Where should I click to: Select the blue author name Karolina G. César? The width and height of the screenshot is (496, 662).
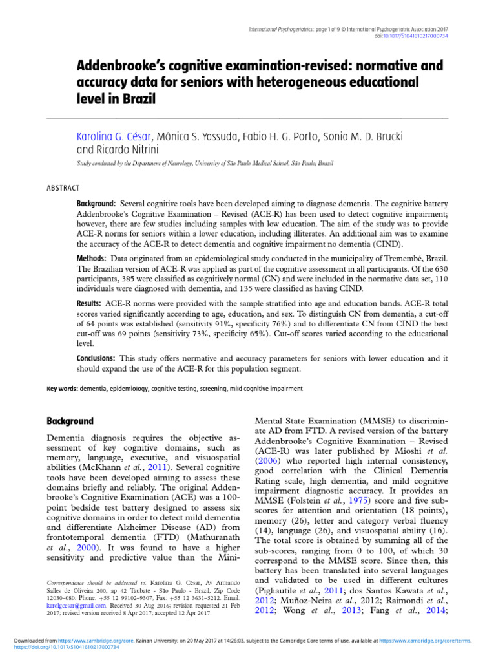pyautogui.click(x=114, y=136)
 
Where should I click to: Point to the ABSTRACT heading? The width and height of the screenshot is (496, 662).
pyautogui.click(x=63, y=188)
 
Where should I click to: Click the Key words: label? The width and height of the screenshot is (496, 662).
pyautogui.click(x=62, y=389)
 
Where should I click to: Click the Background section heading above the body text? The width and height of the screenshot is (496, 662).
pyautogui.click(x=70, y=420)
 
